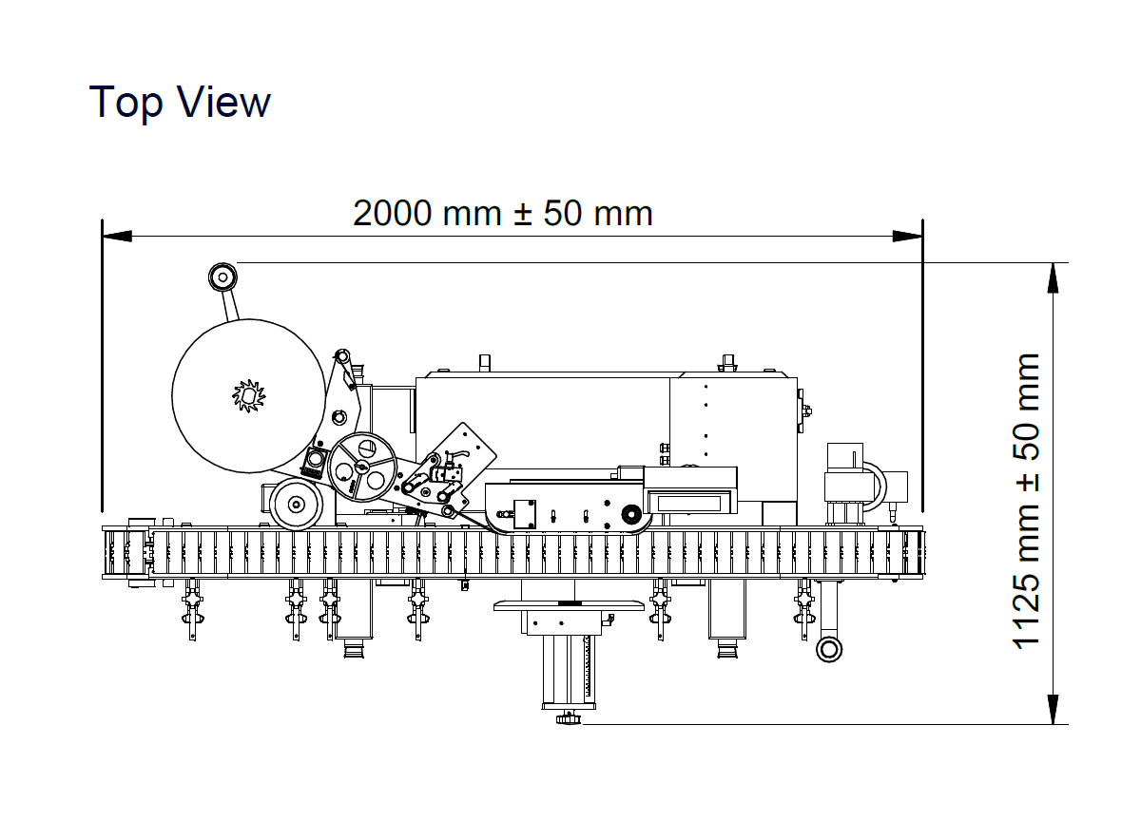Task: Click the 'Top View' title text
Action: (x=180, y=102)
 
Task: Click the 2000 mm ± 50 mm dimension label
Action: (x=502, y=213)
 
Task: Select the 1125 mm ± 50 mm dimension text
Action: (x=1028, y=501)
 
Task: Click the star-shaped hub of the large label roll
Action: (x=247, y=395)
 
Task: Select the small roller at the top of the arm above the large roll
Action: (x=222, y=277)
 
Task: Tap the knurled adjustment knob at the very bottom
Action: (x=569, y=717)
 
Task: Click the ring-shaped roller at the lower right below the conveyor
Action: (x=829, y=649)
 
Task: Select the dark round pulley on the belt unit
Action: (x=628, y=515)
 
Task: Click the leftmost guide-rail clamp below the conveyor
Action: (x=193, y=608)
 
